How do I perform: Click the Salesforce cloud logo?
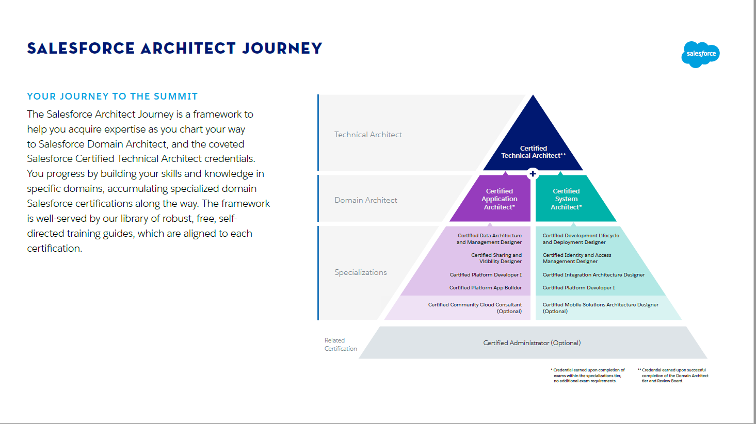tap(700, 54)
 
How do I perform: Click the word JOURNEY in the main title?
tap(282, 48)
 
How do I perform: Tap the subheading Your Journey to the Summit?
tap(112, 96)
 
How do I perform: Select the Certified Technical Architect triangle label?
tap(533, 152)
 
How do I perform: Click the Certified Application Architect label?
tap(499, 199)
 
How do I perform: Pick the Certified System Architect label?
tap(566, 199)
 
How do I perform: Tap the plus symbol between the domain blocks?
tap(533, 174)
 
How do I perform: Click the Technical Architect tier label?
tap(368, 135)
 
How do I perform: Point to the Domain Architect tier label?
tap(366, 200)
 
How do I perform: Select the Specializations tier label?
tap(360, 272)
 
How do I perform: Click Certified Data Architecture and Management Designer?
tap(489, 239)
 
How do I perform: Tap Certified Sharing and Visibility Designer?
tap(496, 258)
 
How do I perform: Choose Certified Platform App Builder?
tap(485, 288)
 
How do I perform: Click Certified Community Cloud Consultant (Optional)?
tap(475, 308)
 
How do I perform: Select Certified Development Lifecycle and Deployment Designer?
tap(581, 239)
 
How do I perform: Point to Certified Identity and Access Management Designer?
tap(576, 258)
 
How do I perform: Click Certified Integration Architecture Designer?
tap(593, 275)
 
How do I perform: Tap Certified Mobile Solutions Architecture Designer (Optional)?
tap(600, 308)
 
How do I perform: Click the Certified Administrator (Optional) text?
tap(532, 343)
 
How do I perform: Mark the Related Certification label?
tap(340, 345)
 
